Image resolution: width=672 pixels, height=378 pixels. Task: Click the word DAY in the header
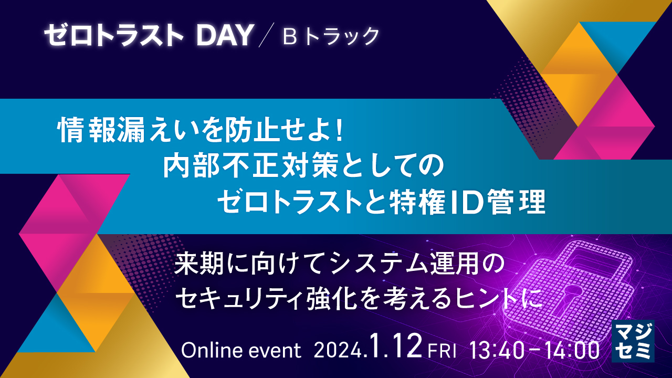pyautogui.click(x=224, y=36)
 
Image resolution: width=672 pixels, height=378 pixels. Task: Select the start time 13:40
pyautogui.click(x=497, y=350)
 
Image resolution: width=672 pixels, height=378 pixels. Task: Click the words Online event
pyautogui.click(x=241, y=350)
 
